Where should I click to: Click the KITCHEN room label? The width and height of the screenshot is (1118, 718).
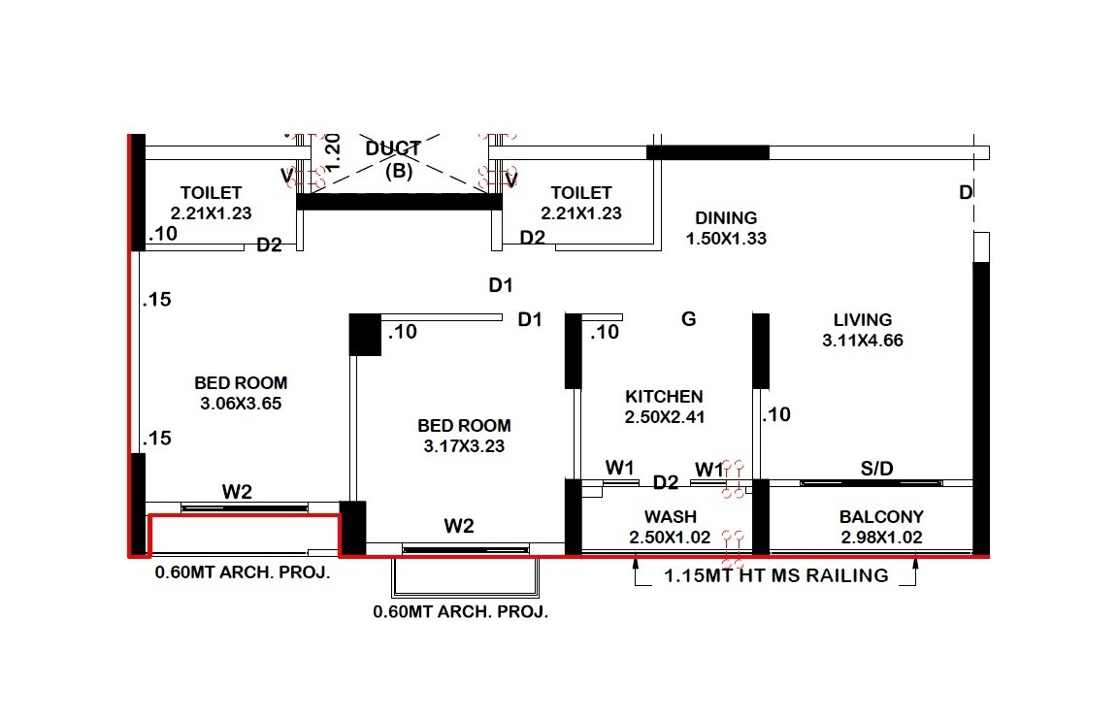664,396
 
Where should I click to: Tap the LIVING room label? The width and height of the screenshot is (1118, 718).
862,319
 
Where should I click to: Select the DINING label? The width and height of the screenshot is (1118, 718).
726,218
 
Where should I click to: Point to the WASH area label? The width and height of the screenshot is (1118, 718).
670,516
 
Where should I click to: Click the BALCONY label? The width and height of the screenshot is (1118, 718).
881,516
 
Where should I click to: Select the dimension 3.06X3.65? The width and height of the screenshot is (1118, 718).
241,404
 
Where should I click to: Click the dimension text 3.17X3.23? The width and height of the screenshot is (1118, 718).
464,446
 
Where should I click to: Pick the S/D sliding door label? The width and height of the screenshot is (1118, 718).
876,469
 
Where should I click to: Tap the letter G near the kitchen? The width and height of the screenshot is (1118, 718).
689,318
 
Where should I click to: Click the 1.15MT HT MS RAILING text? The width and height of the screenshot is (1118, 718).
775,575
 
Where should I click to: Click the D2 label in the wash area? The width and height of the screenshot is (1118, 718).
666,482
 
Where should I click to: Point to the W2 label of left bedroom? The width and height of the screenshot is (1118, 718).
237,492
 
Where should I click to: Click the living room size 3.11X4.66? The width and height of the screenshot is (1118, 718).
863,341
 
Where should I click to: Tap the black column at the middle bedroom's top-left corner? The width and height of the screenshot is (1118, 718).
365,334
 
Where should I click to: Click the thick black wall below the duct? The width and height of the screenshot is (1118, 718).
399,202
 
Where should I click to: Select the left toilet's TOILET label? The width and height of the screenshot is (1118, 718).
211,193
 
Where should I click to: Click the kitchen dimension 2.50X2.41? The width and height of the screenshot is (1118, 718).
664,417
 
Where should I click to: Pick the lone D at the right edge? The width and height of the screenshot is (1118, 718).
966,193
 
